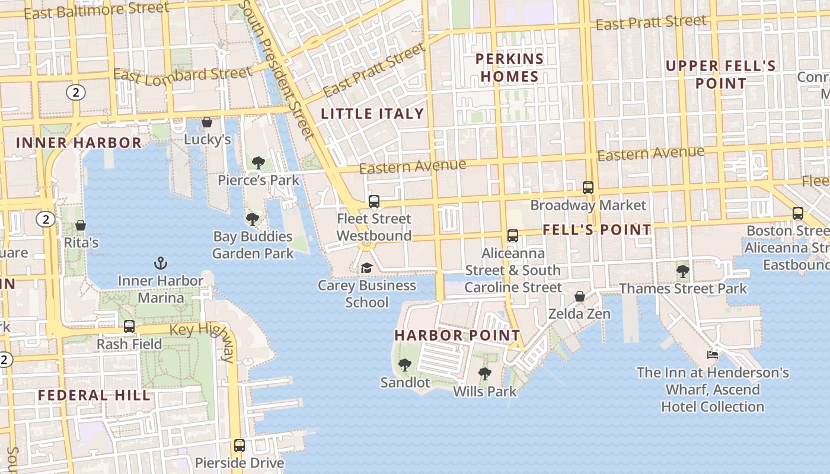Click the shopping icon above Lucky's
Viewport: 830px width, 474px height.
click(x=207, y=122)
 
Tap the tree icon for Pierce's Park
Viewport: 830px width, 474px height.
click(x=258, y=162)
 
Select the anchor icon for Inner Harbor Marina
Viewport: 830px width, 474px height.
click(x=160, y=262)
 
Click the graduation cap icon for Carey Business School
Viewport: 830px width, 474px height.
click(x=366, y=268)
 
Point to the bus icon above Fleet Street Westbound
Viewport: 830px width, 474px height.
click(x=373, y=201)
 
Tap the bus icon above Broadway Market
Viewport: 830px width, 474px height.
click(x=588, y=187)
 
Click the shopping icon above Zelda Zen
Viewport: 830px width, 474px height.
click(x=579, y=296)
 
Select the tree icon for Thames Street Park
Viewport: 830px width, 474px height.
click(x=682, y=271)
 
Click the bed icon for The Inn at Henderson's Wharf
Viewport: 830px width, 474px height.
click(x=713, y=355)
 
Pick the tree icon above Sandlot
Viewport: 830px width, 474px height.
click(x=404, y=364)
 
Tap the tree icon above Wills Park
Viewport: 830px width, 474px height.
click(x=484, y=373)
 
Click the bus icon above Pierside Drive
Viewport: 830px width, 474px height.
click(x=239, y=445)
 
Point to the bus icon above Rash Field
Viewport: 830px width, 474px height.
click(x=129, y=326)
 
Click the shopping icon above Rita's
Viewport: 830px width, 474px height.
click(x=81, y=225)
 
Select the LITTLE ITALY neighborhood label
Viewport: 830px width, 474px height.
click(x=372, y=114)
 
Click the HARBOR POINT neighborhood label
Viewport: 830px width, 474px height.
click(x=457, y=335)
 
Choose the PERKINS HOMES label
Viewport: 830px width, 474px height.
click(x=510, y=68)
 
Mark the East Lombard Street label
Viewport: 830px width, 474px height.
click(x=182, y=75)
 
